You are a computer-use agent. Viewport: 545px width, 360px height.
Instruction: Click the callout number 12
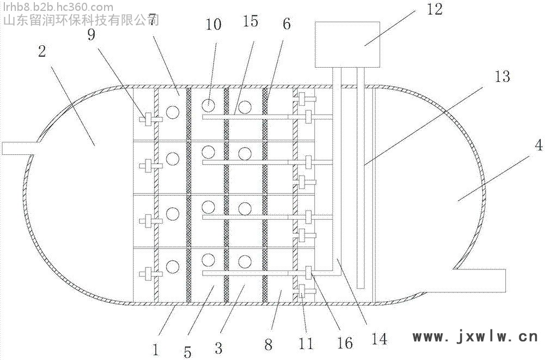[x=435, y=10]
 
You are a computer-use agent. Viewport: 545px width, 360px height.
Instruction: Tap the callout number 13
[x=502, y=77]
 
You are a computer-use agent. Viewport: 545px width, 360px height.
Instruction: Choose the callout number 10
[x=214, y=25]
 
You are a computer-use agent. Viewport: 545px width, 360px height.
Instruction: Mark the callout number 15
[x=251, y=22]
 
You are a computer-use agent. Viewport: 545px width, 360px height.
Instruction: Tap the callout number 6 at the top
[x=287, y=25]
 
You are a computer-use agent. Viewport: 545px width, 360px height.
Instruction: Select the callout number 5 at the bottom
[x=187, y=352]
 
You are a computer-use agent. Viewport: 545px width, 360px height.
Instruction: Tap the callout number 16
[x=344, y=342]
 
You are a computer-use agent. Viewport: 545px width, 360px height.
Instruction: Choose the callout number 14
[x=379, y=339]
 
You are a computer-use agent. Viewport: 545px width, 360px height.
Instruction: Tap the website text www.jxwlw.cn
[x=475, y=337]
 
